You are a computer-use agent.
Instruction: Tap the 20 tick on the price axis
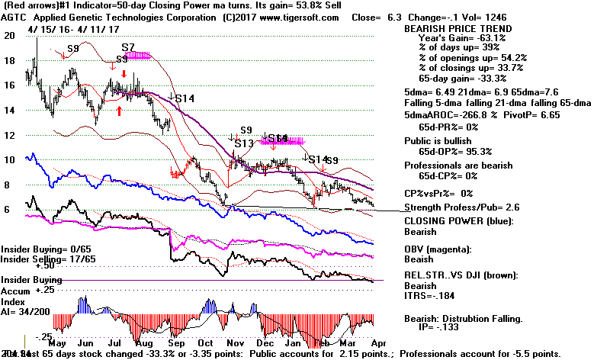tap(9, 35)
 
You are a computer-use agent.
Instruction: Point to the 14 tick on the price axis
tap(9, 110)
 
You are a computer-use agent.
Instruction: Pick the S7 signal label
tap(127, 47)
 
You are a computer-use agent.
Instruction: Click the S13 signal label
tap(243, 143)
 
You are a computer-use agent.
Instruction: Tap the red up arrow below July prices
tap(120, 111)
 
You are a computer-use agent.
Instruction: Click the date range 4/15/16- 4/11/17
tap(63, 30)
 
